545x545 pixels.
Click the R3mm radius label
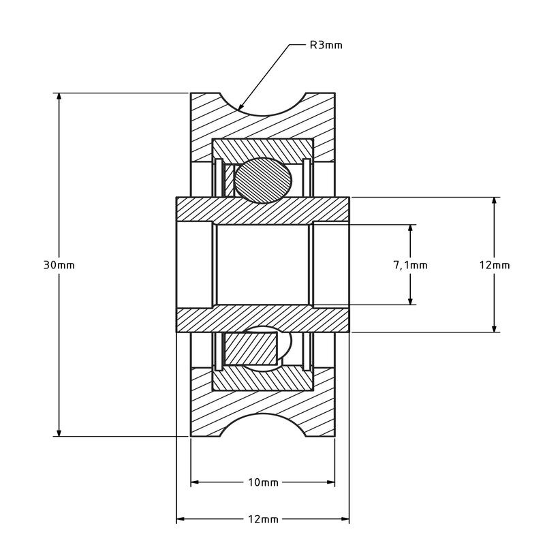(x=326, y=45)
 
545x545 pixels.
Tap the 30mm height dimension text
(x=59, y=265)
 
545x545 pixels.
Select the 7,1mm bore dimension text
(x=410, y=265)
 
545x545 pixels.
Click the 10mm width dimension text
(x=263, y=482)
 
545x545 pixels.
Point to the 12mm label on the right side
(x=495, y=265)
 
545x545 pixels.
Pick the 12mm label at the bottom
(x=263, y=519)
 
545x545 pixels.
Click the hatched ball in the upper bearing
(x=263, y=181)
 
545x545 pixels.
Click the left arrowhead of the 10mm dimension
(x=195, y=482)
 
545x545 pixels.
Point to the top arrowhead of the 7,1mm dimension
(x=411, y=228)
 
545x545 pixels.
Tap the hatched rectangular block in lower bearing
(x=251, y=349)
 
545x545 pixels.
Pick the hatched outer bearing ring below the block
(x=263, y=380)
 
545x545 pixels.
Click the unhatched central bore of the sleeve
(x=263, y=265)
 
